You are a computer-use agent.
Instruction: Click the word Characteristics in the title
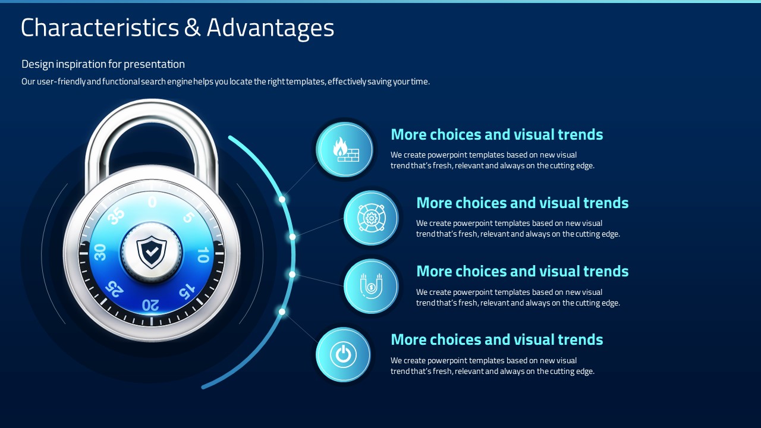coord(100,27)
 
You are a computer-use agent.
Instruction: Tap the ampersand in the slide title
coord(193,27)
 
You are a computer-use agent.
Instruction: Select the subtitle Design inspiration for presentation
coord(103,64)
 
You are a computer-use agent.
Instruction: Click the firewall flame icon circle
coord(344,149)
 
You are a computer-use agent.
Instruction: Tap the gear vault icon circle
coord(371,218)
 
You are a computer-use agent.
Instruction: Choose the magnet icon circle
coord(371,286)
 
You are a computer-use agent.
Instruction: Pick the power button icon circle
coord(343,355)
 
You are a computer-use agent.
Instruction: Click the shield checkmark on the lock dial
coord(152,252)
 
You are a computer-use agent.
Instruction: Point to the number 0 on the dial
coord(152,202)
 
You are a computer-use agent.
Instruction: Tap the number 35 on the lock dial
coord(116,215)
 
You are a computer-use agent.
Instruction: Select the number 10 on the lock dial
coord(203,255)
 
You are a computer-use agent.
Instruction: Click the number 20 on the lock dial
coord(150,305)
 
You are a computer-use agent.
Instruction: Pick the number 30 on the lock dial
coord(99,252)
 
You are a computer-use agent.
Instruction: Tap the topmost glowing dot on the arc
coord(282,199)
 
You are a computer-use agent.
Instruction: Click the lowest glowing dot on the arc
coord(282,311)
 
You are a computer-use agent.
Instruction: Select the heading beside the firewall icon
coord(496,134)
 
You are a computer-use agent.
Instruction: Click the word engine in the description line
coord(180,82)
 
